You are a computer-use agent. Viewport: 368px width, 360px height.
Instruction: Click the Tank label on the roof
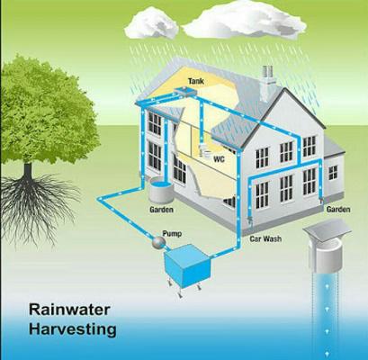pos(196,81)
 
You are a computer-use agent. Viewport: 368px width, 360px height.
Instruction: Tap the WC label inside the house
pos(219,159)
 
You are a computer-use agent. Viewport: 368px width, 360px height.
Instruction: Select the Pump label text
pos(172,234)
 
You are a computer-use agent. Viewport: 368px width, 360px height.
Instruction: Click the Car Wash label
pos(265,238)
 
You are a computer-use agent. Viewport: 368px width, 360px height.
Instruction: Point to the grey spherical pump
pos(158,242)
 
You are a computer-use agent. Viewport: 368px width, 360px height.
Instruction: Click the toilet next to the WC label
pos(204,150)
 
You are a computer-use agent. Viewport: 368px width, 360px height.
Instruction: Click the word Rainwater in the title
pos(69,310)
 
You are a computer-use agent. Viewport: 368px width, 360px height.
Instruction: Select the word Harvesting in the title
pos(73,329)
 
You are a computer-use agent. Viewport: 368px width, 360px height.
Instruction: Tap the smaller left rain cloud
pos(151,24)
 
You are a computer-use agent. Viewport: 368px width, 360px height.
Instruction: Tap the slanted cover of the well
pos(327,228)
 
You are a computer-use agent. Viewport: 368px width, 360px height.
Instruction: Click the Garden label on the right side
pos(338,209)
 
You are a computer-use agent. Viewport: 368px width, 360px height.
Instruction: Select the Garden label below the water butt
pos(161,210)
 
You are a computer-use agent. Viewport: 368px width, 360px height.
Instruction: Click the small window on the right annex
pos(333,173)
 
